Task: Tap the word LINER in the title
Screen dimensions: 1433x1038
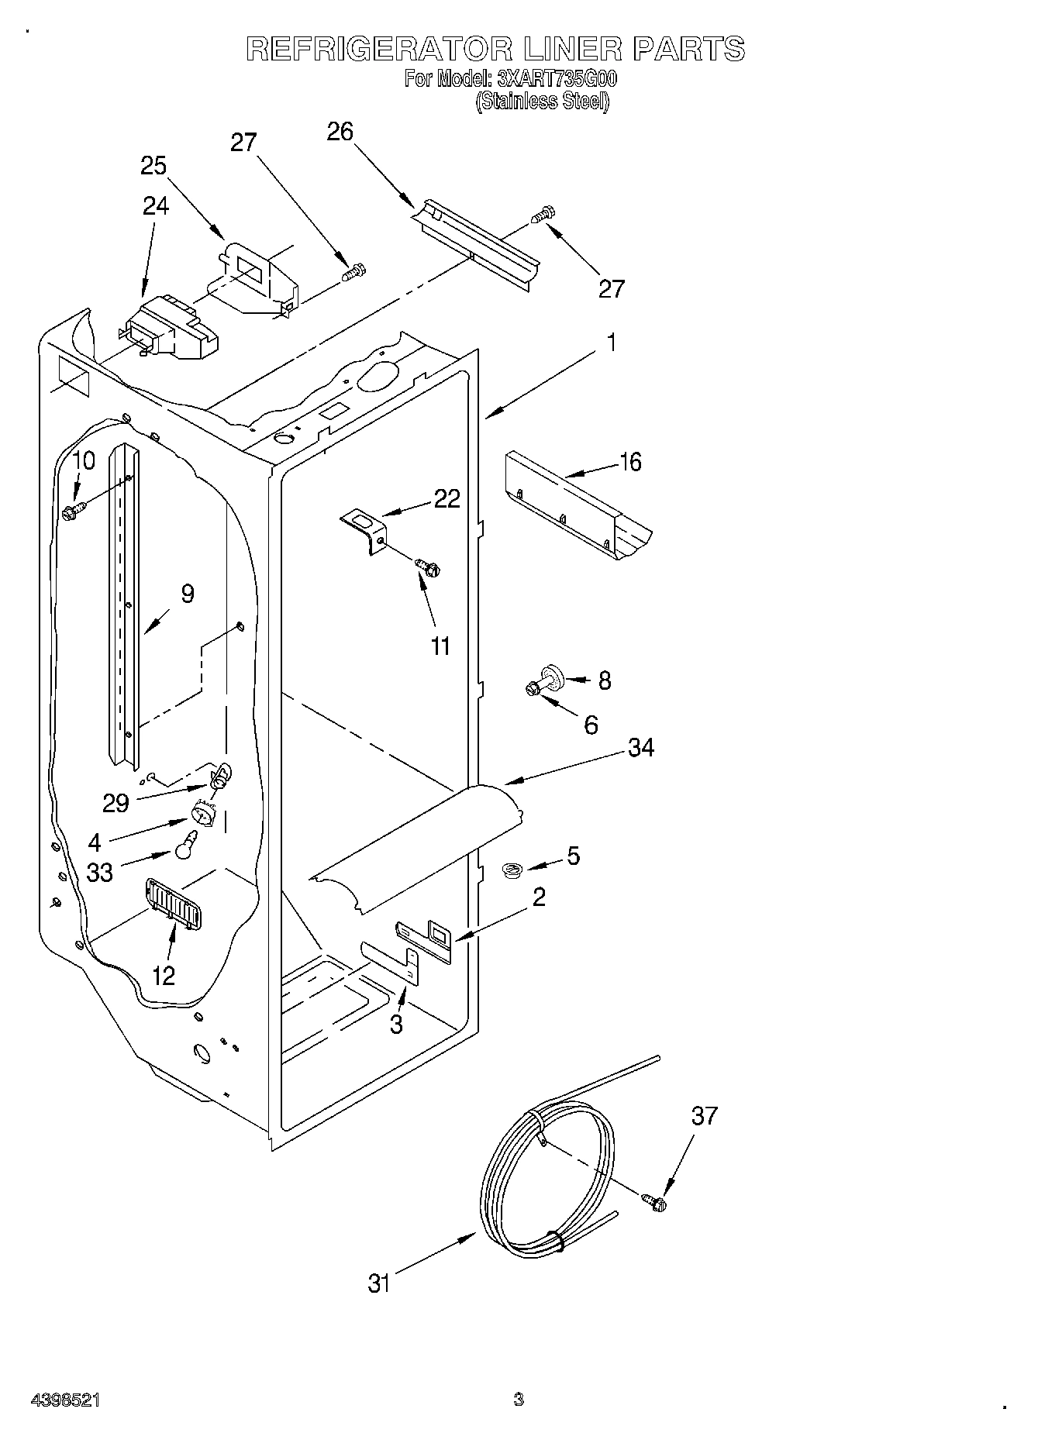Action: click(572, 49)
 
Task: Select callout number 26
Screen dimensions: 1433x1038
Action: click(340, 132)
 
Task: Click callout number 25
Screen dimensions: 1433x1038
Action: click(153, 165)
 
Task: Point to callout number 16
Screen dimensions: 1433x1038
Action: click(630, 462)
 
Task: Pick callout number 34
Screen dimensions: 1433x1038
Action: click(640, 748)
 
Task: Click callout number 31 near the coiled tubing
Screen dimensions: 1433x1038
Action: click(378, 1283)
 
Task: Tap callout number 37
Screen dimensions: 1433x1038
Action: click(704, 1116)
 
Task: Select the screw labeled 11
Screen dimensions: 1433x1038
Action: click(427, 569)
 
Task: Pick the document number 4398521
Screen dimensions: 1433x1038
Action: click(65, 1400)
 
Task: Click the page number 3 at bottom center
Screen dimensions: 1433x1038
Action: click(518, 1399)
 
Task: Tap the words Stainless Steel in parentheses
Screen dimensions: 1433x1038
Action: click(542, 101)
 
